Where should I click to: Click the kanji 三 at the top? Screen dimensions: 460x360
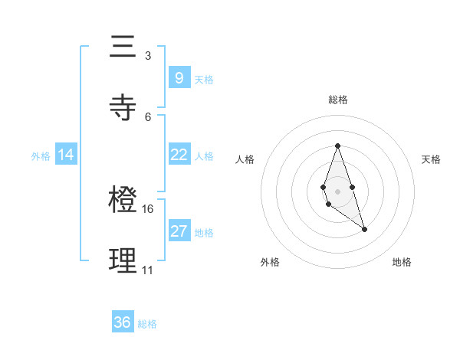point(121,48)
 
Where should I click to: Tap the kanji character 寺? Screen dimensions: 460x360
point(121,108)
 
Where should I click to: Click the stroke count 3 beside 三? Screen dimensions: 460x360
point(148,56)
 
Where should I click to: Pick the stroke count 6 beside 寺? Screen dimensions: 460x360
point(148,116)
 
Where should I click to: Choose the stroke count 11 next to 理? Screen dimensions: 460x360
point(147,270)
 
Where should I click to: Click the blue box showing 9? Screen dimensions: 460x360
point(179,77)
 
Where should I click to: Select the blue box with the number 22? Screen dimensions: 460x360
point(179,155)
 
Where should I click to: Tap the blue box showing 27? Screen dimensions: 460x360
point(179,231)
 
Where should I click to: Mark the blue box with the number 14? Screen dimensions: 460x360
point(66,155)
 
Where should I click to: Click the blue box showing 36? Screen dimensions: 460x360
point(123,322)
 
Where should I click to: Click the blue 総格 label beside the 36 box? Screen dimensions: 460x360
point(147,324)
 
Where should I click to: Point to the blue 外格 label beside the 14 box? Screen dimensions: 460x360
point(41,156)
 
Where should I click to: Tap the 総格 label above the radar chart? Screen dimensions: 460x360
point(337,100)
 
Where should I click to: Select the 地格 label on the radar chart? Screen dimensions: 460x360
point(402,262)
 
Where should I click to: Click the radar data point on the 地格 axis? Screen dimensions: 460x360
point(364,229)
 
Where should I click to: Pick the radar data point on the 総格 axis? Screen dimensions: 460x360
point(337,146)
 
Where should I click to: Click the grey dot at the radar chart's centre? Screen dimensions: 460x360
point(337,190)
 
